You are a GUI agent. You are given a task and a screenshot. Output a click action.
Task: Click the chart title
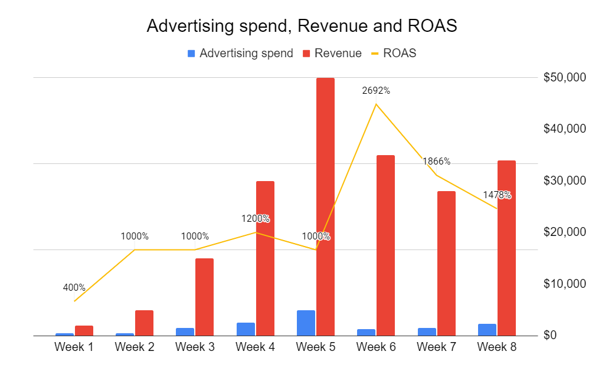click(x=302, y=27)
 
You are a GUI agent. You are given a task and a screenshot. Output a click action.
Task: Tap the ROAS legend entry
click(x=394, y=53)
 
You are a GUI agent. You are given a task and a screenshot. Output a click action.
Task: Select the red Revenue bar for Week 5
click(x=325, y=206)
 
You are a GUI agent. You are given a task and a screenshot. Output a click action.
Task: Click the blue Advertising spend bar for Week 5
click(x=306, y=323)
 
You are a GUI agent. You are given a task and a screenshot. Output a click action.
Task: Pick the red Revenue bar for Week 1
click(x=84, y=330)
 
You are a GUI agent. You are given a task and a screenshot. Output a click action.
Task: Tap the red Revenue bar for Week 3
click(x=204, y=297)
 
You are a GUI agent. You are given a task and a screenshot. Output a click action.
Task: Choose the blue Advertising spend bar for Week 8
click(x=487, y=329)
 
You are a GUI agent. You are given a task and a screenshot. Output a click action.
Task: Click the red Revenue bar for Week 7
click(x=446, y=263)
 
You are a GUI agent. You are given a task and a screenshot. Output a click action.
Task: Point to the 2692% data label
click(x=376, y=91)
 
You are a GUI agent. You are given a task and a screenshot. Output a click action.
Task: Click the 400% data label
click(x=74, y=288)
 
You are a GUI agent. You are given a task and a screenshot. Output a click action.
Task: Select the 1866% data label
click(x=436, y=162)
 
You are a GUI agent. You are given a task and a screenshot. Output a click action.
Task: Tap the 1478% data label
click(x=497, y=195)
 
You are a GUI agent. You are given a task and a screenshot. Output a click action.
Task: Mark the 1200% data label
click(x=256, y=219)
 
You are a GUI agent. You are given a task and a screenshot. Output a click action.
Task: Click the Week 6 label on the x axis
click(x=376, y=347)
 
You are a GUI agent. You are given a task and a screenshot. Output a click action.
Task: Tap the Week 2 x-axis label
click(x=135, y=347)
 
